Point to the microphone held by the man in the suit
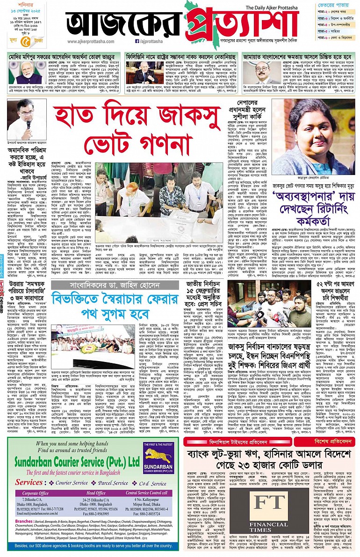tap(28, 124)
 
